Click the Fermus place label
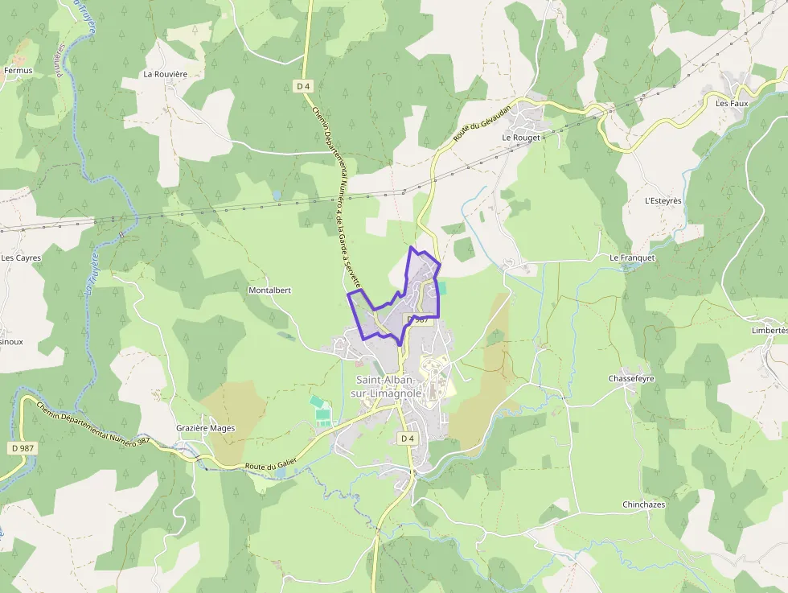click(x=18, y=71)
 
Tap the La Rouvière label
click(x=165, y=74)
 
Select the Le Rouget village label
click(x=520, y=138)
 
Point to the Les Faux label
click(x=732, y=103)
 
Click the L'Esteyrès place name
click(x=663, y=200)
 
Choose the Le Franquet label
click(x=632, y=257)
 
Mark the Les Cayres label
click(x=21, y=258)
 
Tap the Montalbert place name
click(x=269, y=290)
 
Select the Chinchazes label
click(x=643, y=504)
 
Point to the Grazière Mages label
click(x=206, y=428)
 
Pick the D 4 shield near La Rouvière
click(x=302, y=85)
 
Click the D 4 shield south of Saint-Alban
click(x=407, y=439)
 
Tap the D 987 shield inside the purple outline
click(x=417, y=319)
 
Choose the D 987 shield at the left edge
click(x=23, y=447)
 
